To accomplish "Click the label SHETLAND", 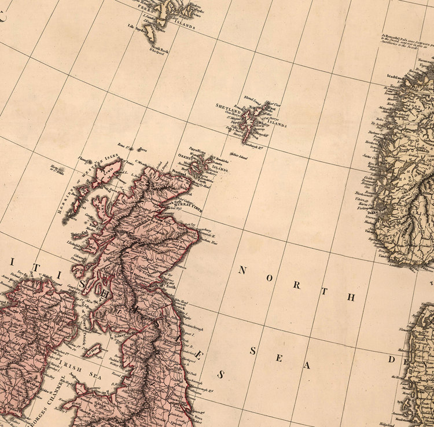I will pos(227,107).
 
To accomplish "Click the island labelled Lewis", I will pos(111,170).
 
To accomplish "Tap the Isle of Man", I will pos(93,349).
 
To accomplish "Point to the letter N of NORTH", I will pos(242,269).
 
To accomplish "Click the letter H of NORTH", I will pos(350,297).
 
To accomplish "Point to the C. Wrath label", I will pos(141,161).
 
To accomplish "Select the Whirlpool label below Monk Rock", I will pos(157,54).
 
